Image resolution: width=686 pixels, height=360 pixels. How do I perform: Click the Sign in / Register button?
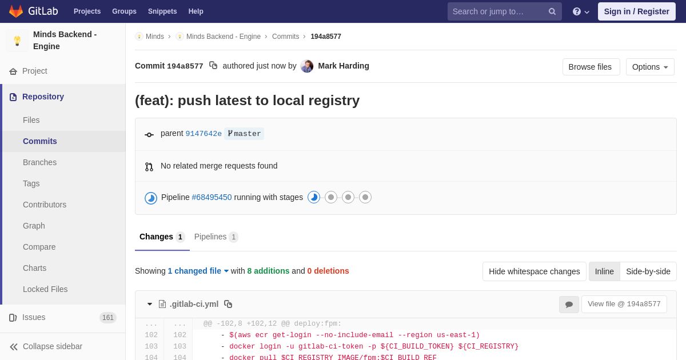coord(636,11)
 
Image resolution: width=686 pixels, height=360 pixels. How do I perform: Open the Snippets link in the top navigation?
coord(162,11)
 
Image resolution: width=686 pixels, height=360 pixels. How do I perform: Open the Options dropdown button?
coord(650,67)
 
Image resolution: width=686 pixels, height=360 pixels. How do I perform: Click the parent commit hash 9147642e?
coord(204,134)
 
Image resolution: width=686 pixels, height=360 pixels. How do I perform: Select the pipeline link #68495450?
coord(212,198)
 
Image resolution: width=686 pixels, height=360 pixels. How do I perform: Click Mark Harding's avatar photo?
coord(307,66)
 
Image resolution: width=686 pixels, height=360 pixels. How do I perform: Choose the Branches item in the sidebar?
coord(40,162)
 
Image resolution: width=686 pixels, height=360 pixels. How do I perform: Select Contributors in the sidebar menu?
coord(45,205)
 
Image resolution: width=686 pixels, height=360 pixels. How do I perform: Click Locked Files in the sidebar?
coord(45,289)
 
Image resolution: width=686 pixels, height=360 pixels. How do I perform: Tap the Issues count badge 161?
coord(108,318)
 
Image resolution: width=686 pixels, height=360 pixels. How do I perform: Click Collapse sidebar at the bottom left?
coord(46,346)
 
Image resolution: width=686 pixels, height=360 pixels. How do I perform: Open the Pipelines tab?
coord(216,237)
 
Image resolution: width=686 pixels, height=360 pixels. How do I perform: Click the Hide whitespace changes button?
coord(535,271)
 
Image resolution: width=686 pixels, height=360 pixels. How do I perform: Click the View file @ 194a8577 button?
coord(624,304)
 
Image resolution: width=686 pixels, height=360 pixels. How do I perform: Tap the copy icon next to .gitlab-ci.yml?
coord(228,304)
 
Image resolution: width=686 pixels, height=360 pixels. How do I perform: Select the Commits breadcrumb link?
coord(285,37)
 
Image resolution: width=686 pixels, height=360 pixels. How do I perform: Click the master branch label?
coord(244,134)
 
